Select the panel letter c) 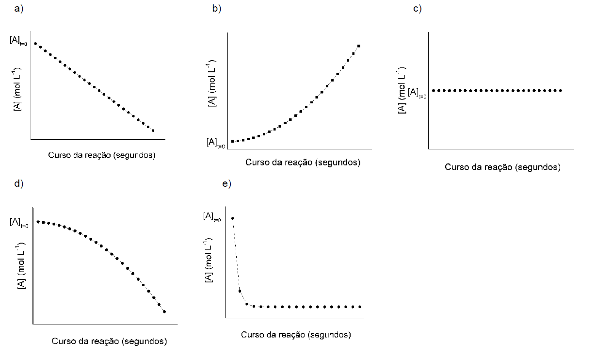[x=417, y=9]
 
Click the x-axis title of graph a [x=102, y=155]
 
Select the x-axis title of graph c [x=502, y=167]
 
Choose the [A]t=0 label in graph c [x=417, y=92]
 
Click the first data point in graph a [x=35, y=44]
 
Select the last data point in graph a [x=153, y=131]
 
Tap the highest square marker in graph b [x=358, y=46]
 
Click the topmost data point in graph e [x=233, y=218]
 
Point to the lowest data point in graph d [x=164, y=311]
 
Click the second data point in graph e [x=240, y=291]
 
